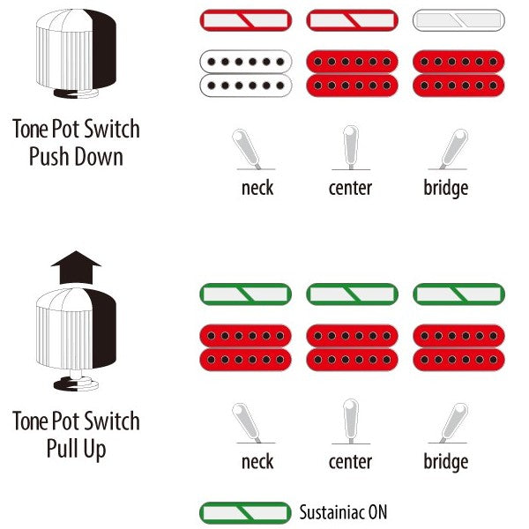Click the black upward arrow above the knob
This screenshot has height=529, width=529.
[76, 267]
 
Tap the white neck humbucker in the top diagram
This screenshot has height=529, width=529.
[246, 73]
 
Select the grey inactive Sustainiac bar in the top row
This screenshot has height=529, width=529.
[458, 20]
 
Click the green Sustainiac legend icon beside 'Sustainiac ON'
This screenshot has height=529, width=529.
[245, 513]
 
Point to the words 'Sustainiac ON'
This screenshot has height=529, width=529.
[343, 512]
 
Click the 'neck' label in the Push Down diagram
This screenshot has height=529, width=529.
[257, 188]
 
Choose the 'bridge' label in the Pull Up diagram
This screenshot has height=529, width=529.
[445, 462]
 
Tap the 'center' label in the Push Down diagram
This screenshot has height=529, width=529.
[350, 188]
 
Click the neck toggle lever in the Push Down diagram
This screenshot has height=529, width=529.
[246, 149]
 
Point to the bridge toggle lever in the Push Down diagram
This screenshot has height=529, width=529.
[454, 149]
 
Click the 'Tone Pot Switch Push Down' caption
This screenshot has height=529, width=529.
[76, 142]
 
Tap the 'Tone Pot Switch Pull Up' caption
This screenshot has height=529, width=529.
[76, 435]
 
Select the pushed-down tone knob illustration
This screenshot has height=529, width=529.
[76, 53]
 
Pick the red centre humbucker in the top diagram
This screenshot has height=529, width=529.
[352, 73]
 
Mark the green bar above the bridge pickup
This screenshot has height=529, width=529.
[458, 294]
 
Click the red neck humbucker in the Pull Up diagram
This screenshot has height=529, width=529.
[246, 347]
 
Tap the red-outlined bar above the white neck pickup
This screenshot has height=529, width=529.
[246, 20]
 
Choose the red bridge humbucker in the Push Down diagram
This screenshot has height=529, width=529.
[458, 73]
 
